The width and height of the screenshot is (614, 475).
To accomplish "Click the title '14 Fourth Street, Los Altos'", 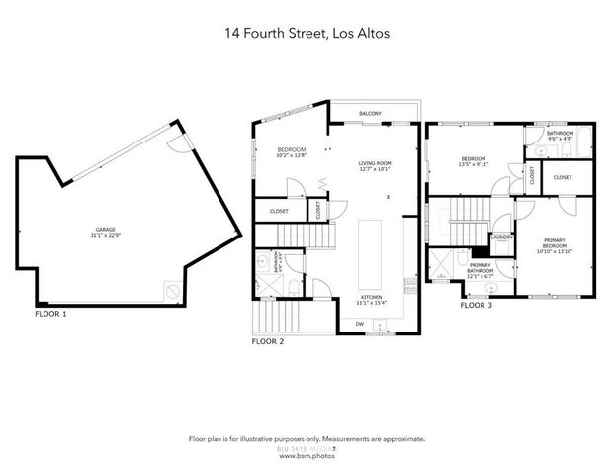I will click(x=307, y=33).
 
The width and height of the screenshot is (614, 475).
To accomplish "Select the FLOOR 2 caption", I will click(x=267, y=341).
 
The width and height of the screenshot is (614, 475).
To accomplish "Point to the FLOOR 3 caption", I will click(x=477, y=305).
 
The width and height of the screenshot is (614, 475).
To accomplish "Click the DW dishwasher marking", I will click(x=359, y=324).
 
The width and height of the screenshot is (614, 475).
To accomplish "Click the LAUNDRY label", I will click(x=499, y=237).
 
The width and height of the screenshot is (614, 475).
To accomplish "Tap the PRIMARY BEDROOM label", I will click(x=554, y=242).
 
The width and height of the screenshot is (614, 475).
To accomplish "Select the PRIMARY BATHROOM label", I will click(x=481, y=266).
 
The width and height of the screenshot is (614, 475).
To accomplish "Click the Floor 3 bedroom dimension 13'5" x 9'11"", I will click(x=474, y=165).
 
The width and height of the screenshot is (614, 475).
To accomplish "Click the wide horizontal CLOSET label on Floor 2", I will click(x=278, y=210).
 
